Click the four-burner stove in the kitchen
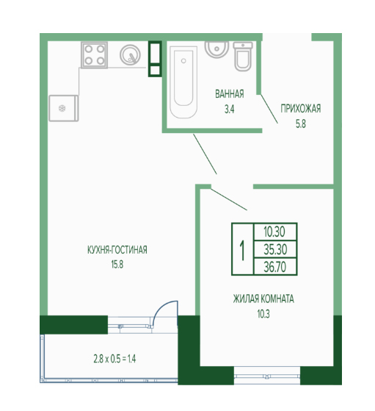[x=94, y=55]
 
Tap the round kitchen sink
[x=130, y=55]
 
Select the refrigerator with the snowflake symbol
[x=64, y=108]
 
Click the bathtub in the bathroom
[x=183, y=82]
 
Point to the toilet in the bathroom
[x=243, y=57]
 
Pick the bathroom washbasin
[x=216, y=49]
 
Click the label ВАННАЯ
[x=230, y=94]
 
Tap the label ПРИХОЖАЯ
[x=301, y=108]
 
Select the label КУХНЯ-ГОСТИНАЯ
[x=117, y=250]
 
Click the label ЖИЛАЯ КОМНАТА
[x=263, y=299]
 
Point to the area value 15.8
[x=117, y=265]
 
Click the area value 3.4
[x=230, y=109]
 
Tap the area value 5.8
[x=301, y=124]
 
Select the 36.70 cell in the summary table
[x=275, y=267]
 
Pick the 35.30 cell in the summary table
[x=275, y=249]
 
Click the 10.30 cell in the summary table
[x=275, y=232]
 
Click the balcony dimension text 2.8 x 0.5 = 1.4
[x=114, y=359]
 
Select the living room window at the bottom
[x=267, y=376]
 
